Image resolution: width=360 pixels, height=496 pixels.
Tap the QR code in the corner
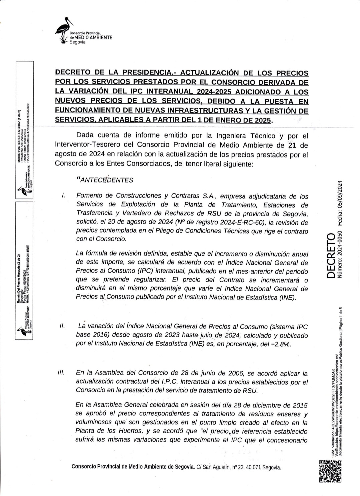click(x=330, y=471)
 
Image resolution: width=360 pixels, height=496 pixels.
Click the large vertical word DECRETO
click(x=331, y=255)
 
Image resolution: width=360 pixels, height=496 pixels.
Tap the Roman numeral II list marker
click(x=62, y=326)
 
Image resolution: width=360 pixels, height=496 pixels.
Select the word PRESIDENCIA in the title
click(x=147, y=73)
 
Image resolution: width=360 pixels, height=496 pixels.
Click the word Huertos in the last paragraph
click(x=117, y=431)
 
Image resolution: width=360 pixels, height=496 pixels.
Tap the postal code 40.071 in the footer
click(x=253, y=467)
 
